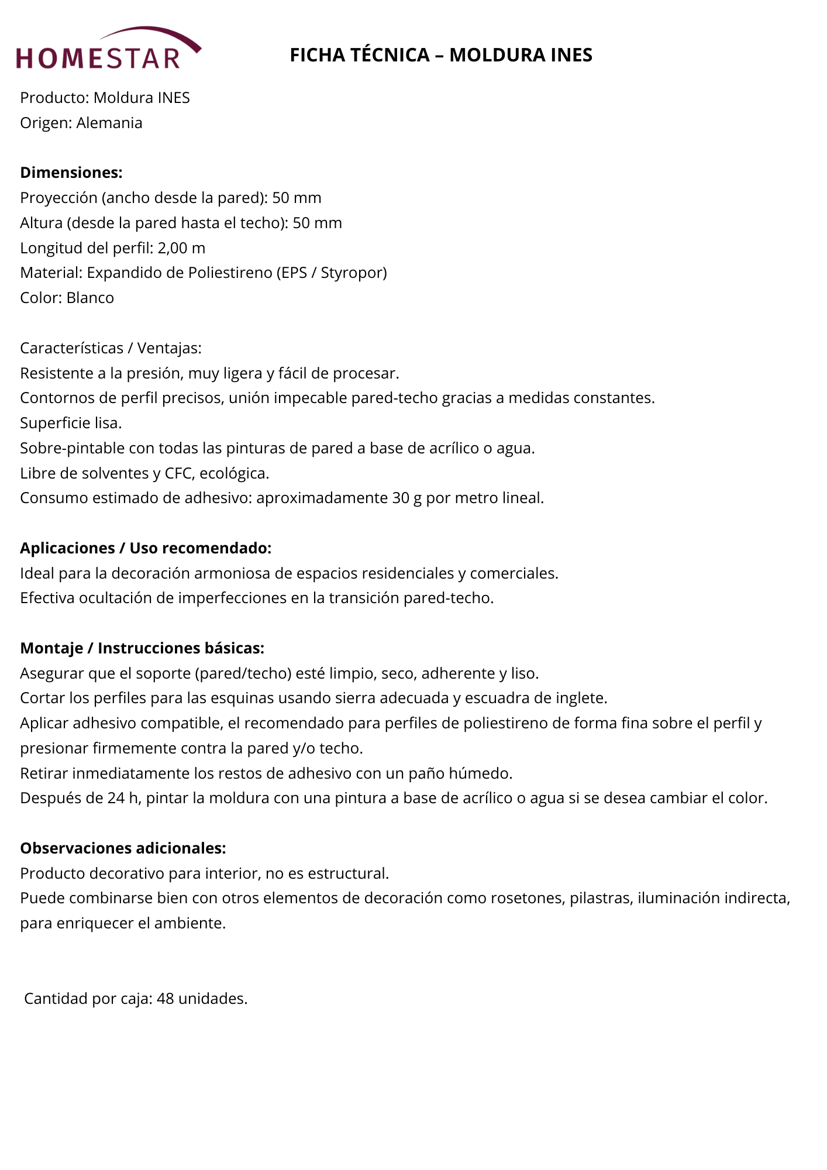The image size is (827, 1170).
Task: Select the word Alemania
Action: click(109, 123)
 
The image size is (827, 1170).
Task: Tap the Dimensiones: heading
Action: click(71, 173)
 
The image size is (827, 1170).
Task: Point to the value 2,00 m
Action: click(181, 248)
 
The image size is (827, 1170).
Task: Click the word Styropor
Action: click(353, 273)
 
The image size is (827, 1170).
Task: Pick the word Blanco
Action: click(90, 298)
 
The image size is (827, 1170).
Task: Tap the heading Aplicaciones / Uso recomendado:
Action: click(146, 548)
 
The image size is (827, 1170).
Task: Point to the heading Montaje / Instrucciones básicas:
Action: click(142, 648)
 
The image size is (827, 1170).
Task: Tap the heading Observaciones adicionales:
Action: click(123, 848)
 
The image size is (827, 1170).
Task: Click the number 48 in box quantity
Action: click(166, 999)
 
